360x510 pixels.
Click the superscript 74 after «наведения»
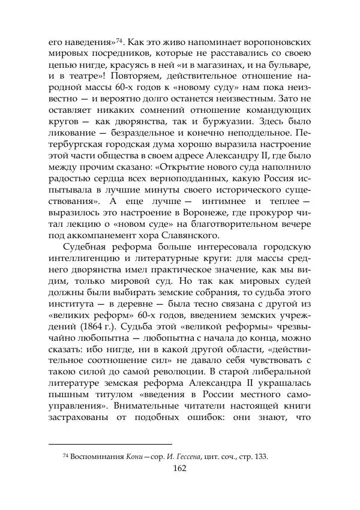coord(119,41)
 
